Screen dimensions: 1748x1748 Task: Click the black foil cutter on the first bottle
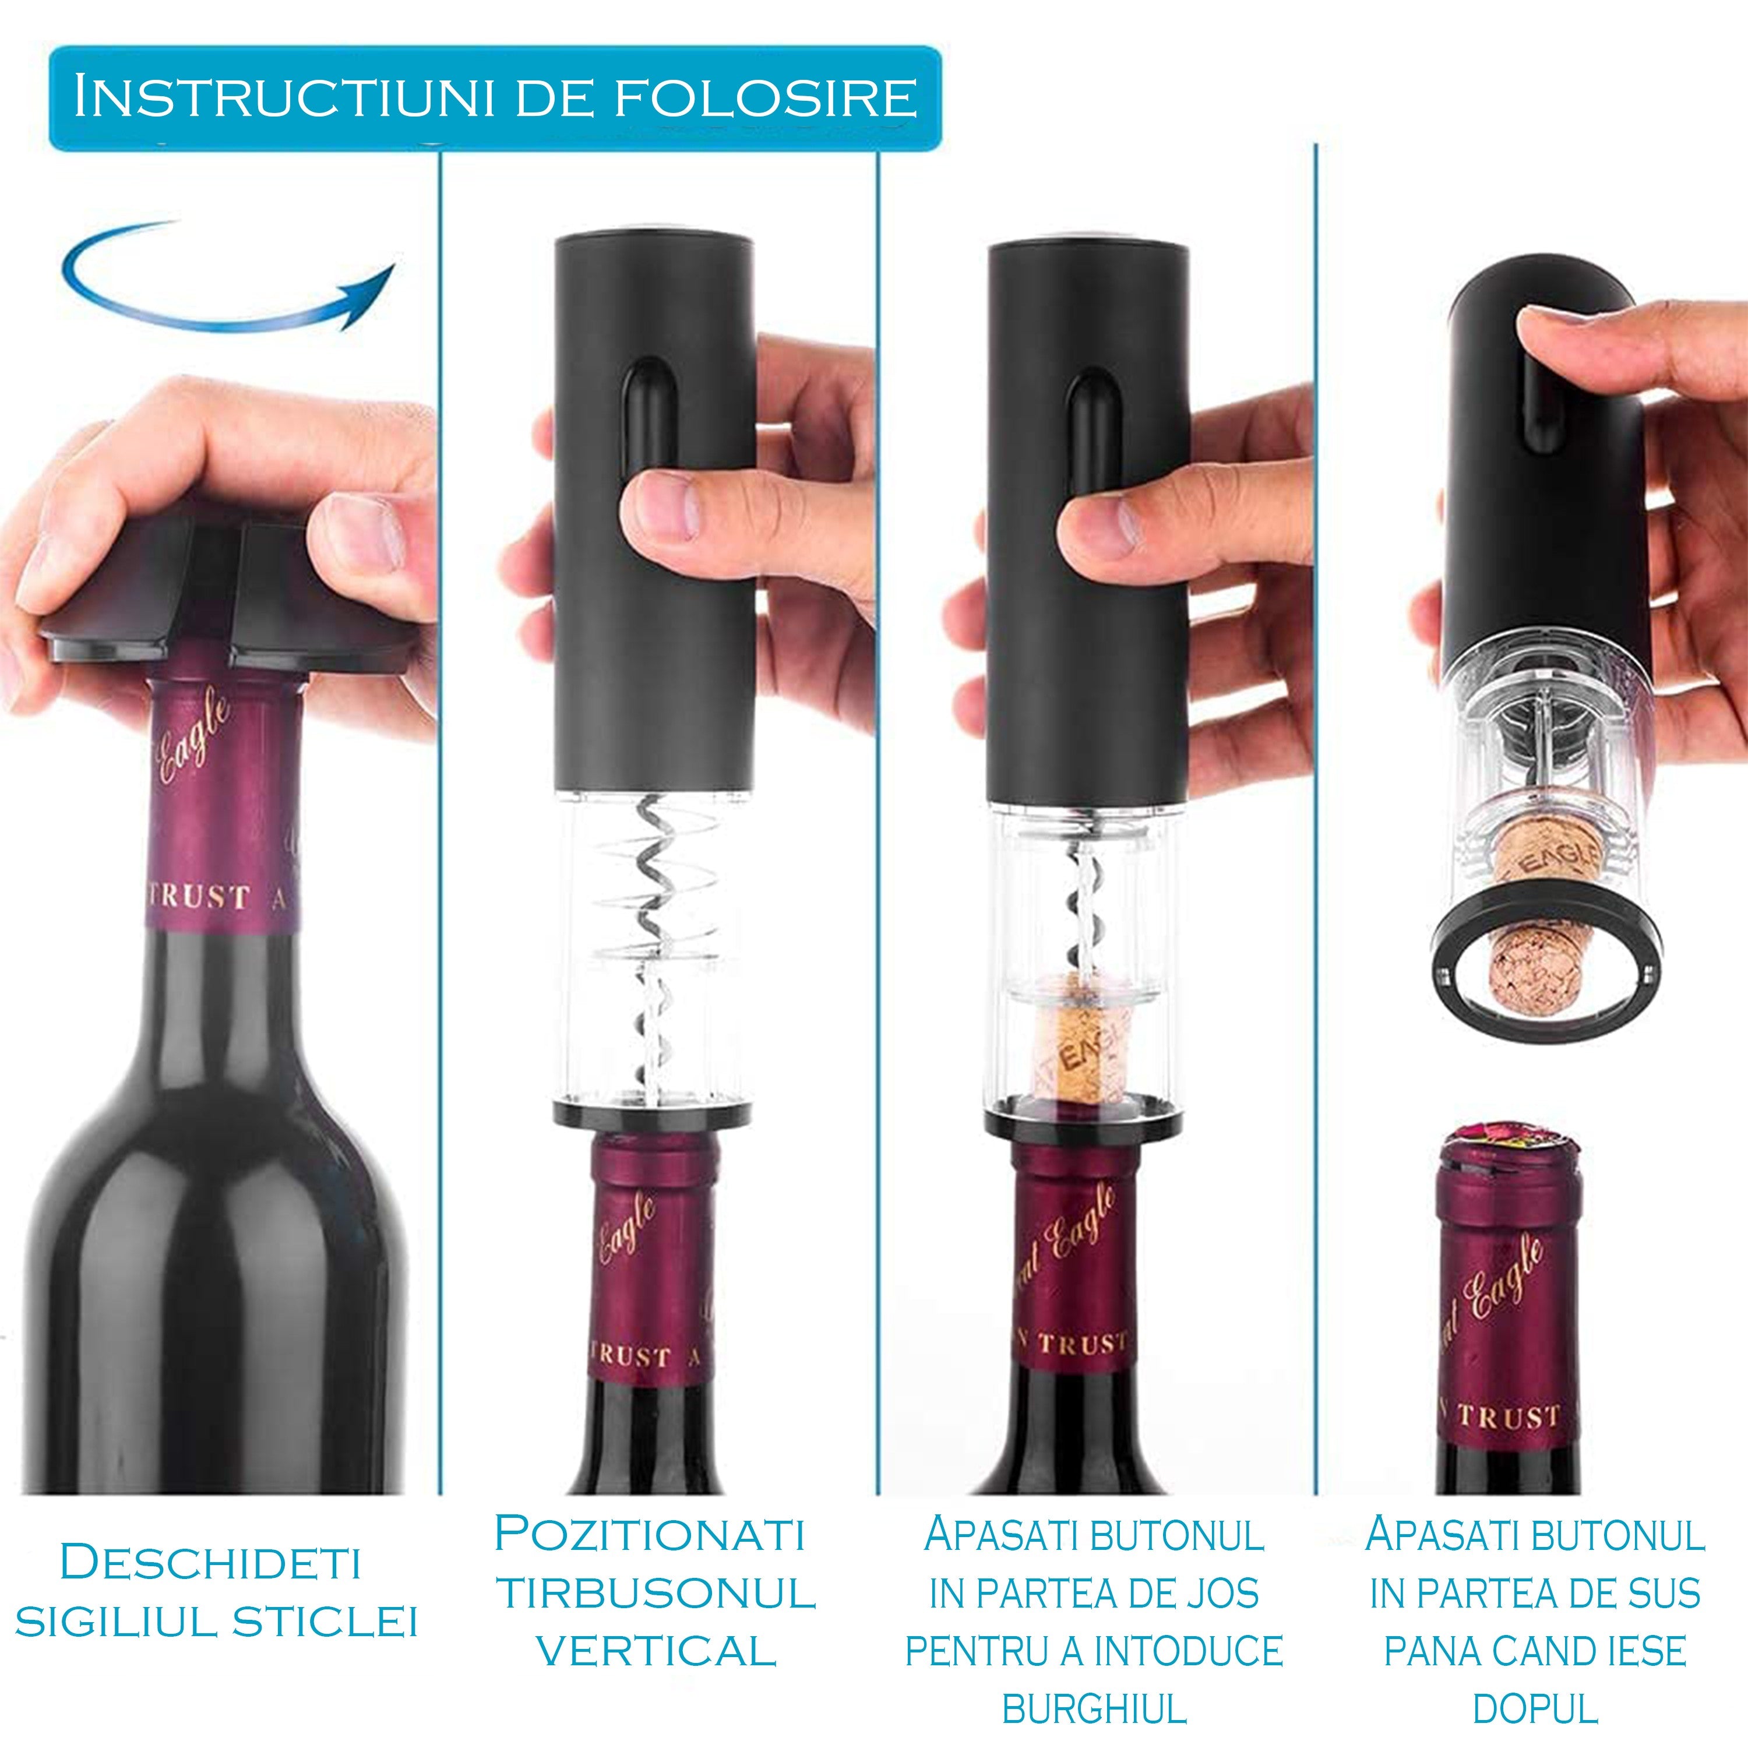click(226, 597)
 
